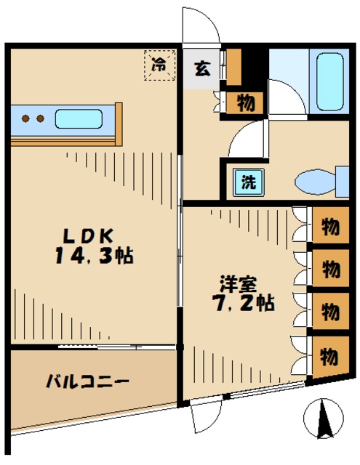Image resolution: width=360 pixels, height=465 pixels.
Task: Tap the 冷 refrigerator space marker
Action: (160, 64)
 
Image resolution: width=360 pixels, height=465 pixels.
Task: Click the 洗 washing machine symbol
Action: (247, 182)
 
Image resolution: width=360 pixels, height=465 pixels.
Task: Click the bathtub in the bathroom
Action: (329, 81)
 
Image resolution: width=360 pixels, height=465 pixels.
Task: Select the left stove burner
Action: (25, 118)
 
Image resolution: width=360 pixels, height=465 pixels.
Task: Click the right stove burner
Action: (41, 118)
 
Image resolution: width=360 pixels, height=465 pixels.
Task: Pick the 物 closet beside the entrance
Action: (244, 102)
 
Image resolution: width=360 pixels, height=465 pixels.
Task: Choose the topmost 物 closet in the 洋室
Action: (329, 227)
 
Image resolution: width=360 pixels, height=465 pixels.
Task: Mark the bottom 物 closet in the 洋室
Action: (329, 357)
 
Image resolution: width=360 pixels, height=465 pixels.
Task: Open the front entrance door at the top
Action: (200, 29)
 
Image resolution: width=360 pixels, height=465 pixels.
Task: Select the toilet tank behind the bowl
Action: (343, 181)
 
